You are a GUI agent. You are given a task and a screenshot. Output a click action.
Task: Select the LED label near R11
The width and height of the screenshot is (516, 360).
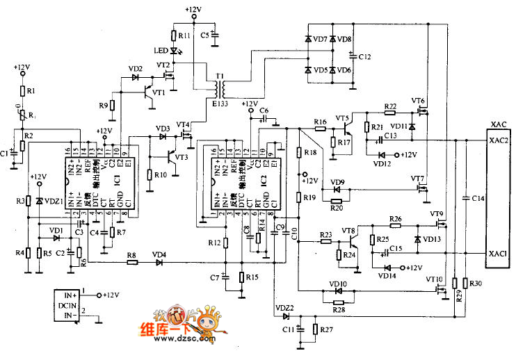(159, 50)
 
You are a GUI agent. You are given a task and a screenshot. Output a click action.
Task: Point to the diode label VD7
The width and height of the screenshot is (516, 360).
(320, 40)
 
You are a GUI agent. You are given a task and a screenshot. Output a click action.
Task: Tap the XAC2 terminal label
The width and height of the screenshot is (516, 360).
(499, 140)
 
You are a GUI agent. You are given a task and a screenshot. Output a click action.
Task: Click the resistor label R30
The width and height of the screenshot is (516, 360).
(476, 283)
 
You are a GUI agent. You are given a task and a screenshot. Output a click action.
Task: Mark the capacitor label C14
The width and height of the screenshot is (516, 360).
(477, 199)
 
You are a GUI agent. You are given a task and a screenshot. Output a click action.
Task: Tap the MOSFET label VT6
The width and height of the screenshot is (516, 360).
(418, 101)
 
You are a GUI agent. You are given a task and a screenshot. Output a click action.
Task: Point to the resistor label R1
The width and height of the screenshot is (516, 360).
(30, 91)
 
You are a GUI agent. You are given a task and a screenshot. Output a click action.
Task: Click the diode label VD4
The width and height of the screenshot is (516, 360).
(160, 254)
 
